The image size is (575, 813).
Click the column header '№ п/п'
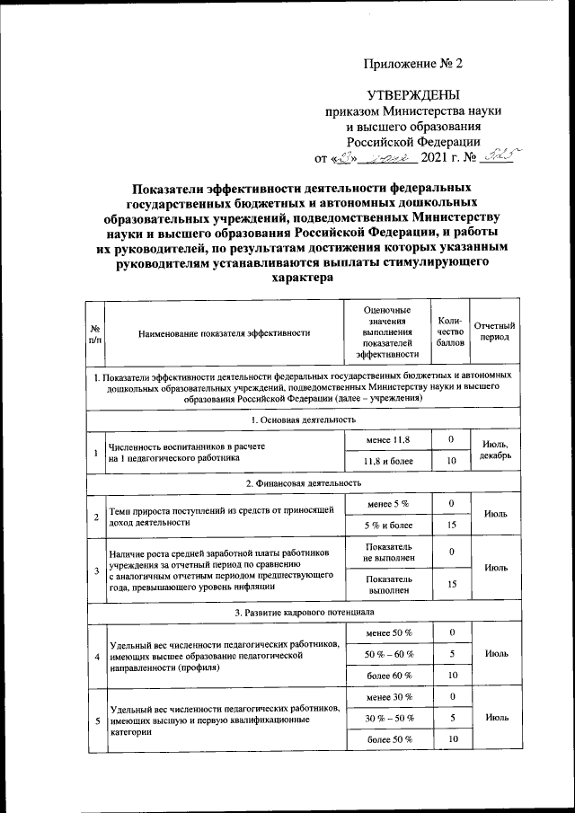[x=94, y=333]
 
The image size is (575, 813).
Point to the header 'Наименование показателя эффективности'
[x=225, y=333]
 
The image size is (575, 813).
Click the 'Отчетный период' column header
[x=493, y=333]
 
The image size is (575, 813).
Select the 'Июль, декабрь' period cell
[x=495, y=450]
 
